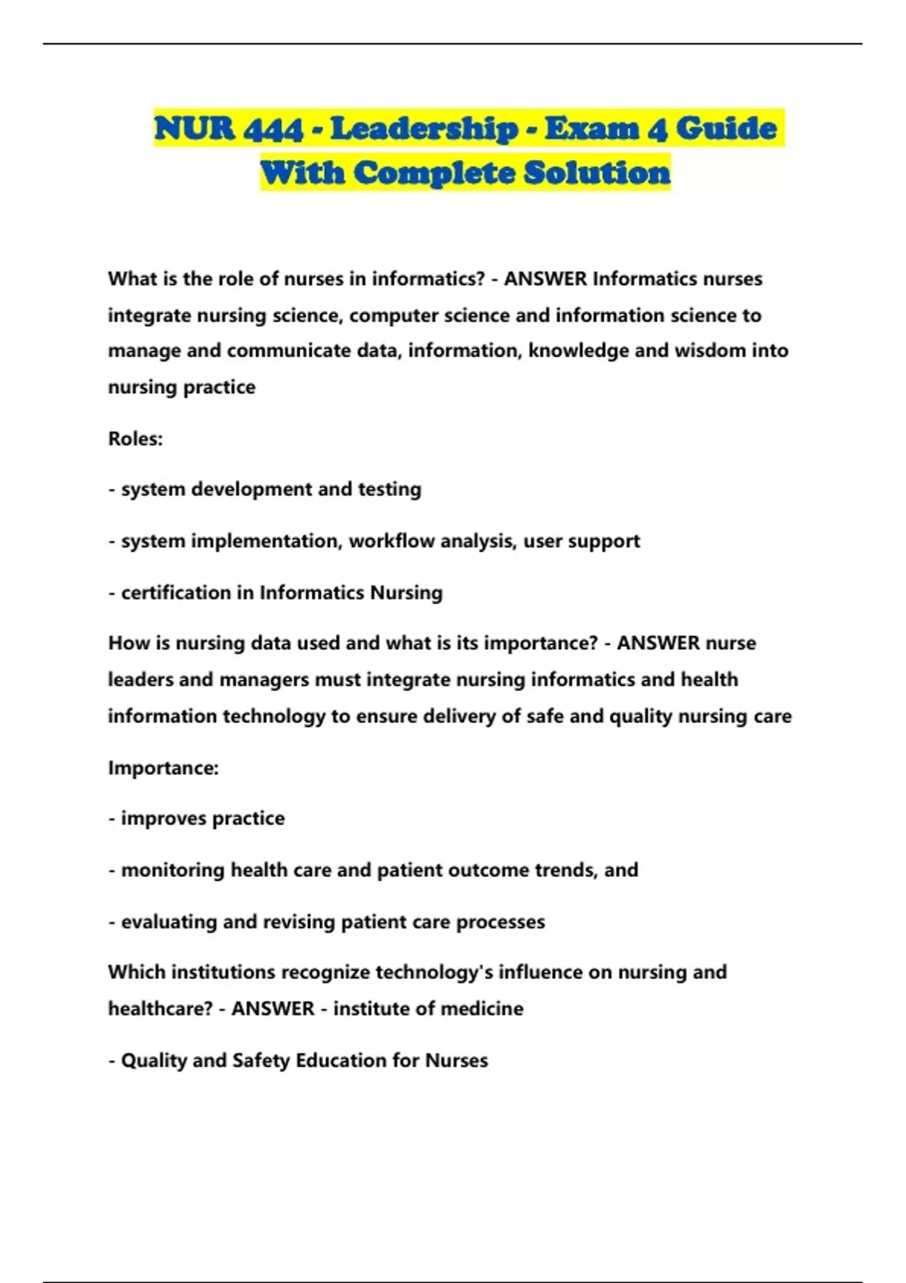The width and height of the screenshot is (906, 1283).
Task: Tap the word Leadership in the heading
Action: coord(425,129)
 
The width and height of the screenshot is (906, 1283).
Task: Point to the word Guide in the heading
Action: coord(726,129)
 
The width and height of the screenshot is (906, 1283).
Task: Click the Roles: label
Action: coord(135,438)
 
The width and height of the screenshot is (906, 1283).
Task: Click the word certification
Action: coord(176,593)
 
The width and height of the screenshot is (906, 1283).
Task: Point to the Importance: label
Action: coord(163,768)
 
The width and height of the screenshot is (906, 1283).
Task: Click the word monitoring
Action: coord(173,870)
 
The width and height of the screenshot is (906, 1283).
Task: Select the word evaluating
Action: coord(169,922)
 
